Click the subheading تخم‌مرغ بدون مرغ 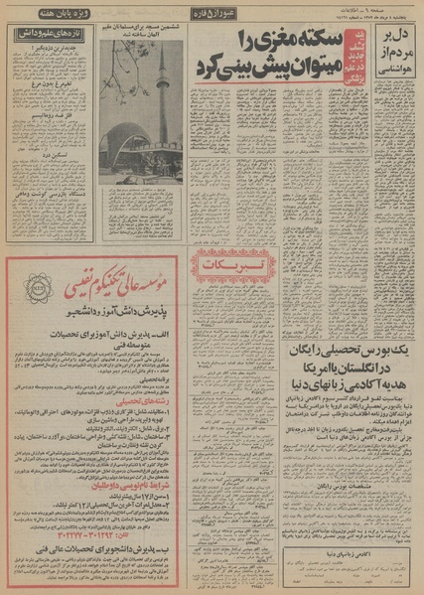coord(46,84)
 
